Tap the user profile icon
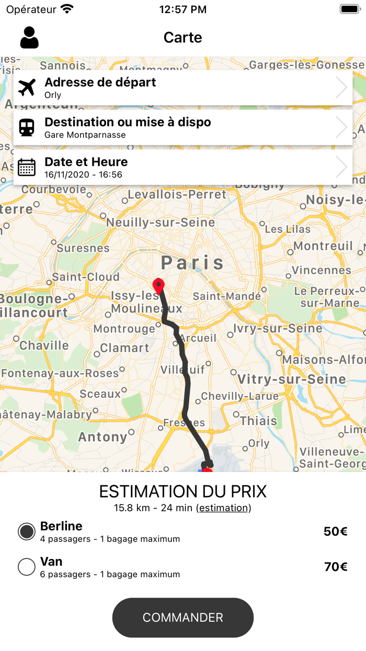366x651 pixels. click(29, 38)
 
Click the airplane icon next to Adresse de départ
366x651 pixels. click(27, 88)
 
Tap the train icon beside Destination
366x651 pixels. click(27, 128)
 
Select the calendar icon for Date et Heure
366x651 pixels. click(27, 167)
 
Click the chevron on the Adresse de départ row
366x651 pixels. click(341, 88)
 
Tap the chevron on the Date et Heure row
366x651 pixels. click(341, 167)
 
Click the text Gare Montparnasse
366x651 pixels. click(85, 135)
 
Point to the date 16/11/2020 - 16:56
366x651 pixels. click(83, 175)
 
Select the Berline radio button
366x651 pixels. click(27, 532)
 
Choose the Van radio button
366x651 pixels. click(27, 567)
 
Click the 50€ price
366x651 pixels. click(335, 532)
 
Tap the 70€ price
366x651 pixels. click(335, 567)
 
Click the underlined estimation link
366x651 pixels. click(223, 508)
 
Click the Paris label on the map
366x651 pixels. click(192, 262)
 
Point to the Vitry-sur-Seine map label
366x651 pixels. click(292, 379)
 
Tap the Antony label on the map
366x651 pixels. click(102, 437)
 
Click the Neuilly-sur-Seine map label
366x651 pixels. click(161, 222)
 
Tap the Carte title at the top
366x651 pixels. click(182, 38)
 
